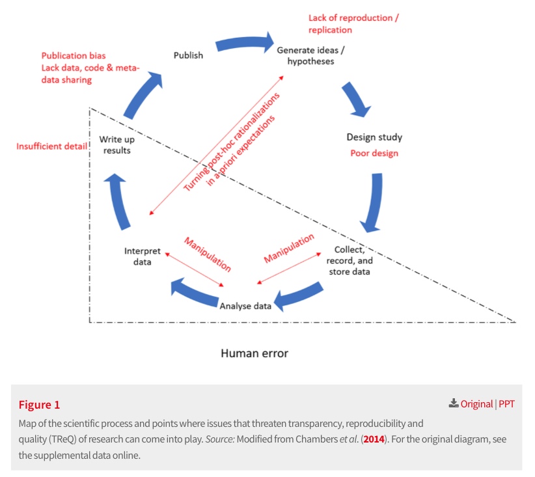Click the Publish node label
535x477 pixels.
tap(188, 55)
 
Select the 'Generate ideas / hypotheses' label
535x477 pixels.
tap(310, 55)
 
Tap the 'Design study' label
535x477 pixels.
tap(374, 137)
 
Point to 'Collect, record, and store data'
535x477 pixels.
tap(352, 260)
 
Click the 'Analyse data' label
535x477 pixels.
tap(245, 306)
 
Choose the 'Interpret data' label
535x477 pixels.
tap(138, 256)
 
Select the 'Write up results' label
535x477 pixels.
tap(117, 144)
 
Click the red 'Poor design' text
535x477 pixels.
tap(374, 154)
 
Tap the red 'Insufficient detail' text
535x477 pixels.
tap(52, 146)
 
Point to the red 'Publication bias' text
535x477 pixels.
tap(74, 56)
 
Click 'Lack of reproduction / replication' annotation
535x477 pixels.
tap(353, 24)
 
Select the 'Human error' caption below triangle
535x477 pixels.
tap(254, 353)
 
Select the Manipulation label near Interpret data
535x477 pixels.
tap(208, 254)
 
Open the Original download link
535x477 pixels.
tap(476, 404)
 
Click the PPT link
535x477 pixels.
tap(506, 404)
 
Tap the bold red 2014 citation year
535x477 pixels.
tap(374, 440)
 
